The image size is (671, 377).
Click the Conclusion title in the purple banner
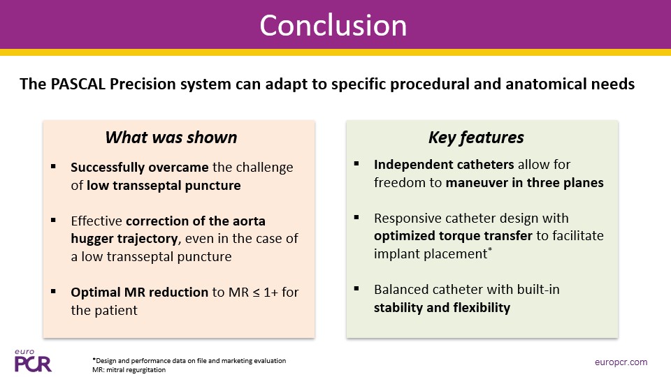click(x=333, y=26)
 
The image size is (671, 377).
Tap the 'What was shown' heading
click(x=171, y=138)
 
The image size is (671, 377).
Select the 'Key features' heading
click(x=476, y=138)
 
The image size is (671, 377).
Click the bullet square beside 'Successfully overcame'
click(x=53, y=167)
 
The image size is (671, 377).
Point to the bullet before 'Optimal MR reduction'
click(x=53, y=291)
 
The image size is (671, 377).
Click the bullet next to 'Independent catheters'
click(x=356, y=164)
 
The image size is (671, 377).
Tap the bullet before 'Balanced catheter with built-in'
click(x=356, y=288)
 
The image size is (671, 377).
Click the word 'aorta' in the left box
click(x=247, y=221)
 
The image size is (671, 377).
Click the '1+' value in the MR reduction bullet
click(x=271, y=292)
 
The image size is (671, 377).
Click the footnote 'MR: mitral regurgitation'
click(x=129, y=369)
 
